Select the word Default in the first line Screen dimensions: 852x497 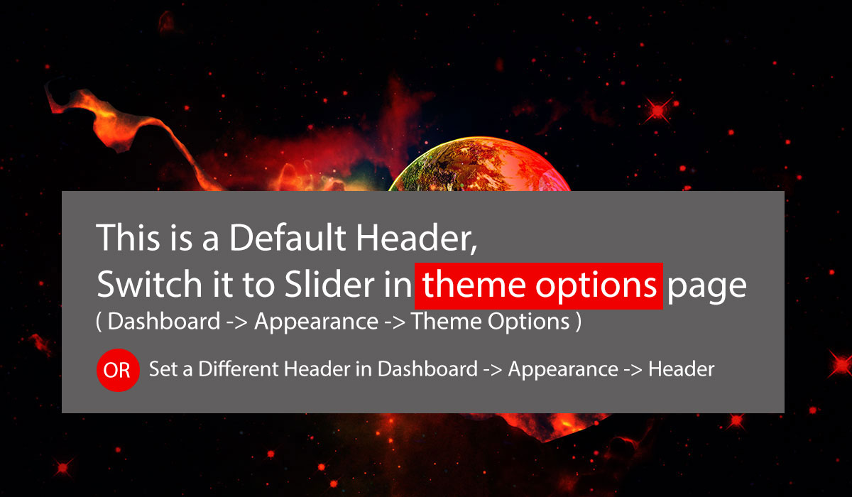[x=287, y=237]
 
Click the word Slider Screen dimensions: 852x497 [x=329, y=284]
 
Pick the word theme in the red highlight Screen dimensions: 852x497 [x=474, y=285]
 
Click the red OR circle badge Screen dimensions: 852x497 [x=118, y=370]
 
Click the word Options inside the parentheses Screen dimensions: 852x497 [x=528, y=322]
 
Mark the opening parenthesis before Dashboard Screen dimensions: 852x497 [x=99, y=322]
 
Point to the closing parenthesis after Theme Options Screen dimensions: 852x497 [x=579, y=322]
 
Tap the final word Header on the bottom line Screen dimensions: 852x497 [x=681, y=369]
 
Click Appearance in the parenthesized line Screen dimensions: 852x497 [x=317, y=322]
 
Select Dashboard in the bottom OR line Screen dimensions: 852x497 [x=427, y=369]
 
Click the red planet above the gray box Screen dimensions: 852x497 [x=479, y=164]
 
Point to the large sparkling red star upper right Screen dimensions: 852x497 [x=658, y=111]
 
